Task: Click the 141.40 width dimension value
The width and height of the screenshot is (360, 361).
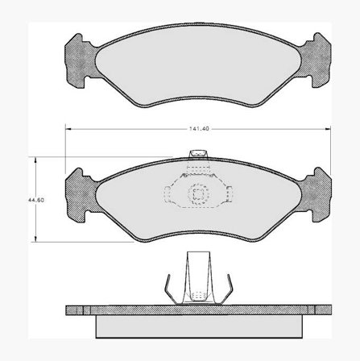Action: pos(199,129)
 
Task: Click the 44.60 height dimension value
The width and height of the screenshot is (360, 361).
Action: pos(36,200)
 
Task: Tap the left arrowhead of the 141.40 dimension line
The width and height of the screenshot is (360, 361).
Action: pos(68,129)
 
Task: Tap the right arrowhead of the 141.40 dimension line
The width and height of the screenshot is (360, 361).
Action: pos(328,129)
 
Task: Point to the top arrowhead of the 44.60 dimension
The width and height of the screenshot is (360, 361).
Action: pos(35,160)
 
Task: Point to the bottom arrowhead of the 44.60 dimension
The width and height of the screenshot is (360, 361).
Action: pos(35,239)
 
